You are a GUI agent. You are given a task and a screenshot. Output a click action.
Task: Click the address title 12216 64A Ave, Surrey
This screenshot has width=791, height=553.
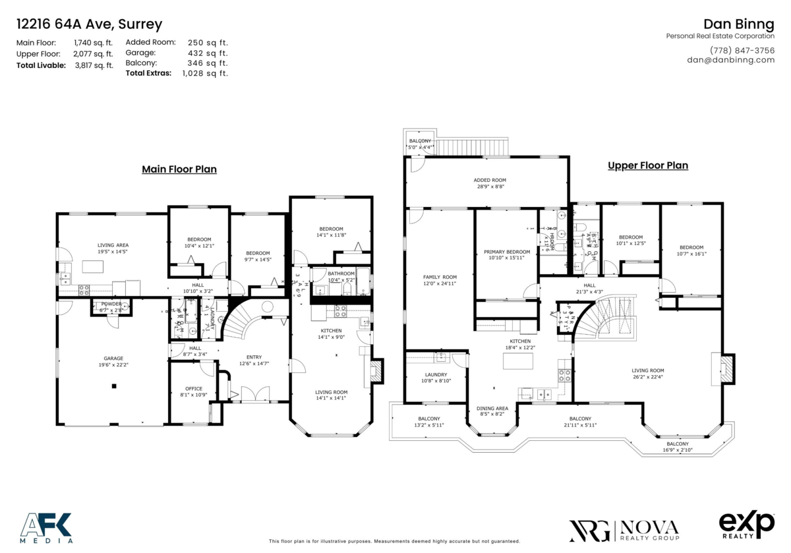click(88, 25)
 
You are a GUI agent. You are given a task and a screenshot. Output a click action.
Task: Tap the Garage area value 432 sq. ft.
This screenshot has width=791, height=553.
click(208, 53)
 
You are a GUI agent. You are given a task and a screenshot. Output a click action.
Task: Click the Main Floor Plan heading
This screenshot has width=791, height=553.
click(179, 169)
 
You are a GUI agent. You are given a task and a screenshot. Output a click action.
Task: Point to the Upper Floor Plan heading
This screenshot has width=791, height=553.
click(647, 165)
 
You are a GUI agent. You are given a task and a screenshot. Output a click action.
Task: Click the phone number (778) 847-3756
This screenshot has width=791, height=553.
click(742, 50)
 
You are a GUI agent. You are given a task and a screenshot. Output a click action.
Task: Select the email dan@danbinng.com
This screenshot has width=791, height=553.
click(730, 60)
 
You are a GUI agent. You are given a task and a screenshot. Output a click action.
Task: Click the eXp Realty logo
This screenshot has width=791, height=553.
click(746, 525)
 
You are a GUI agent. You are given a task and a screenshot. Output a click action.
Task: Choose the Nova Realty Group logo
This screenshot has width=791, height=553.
click(624, 529)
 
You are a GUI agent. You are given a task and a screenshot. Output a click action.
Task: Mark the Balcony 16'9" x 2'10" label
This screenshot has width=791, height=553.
click(677, 447)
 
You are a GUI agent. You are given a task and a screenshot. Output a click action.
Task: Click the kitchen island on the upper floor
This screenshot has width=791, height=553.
click(517, 361)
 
